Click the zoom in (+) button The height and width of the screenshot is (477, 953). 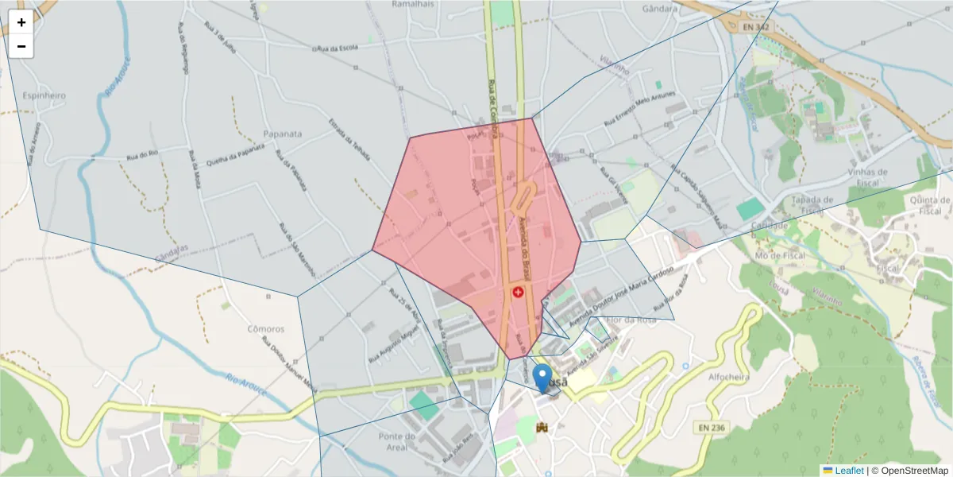pyautogui.click(x=21, y=22)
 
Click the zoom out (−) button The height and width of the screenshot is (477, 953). pyautogui.click(x=21, y=46)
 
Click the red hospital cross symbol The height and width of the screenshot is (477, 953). pyautogui.click(x=519, y=293)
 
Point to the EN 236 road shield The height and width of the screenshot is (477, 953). pyautogui.click(x=712, y=428)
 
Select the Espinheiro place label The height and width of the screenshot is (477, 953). pyautogui.click(x=44, y=95)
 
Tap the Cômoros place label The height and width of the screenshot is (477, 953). pyautogui.click(x=266, y=328)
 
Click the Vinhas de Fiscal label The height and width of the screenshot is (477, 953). pyautogui.click(x=867, y=176)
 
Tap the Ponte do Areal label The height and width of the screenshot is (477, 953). pyautogui.click(x=398, y=441)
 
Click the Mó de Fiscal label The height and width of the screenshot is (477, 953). pyautogui.click(x=780, y=255)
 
